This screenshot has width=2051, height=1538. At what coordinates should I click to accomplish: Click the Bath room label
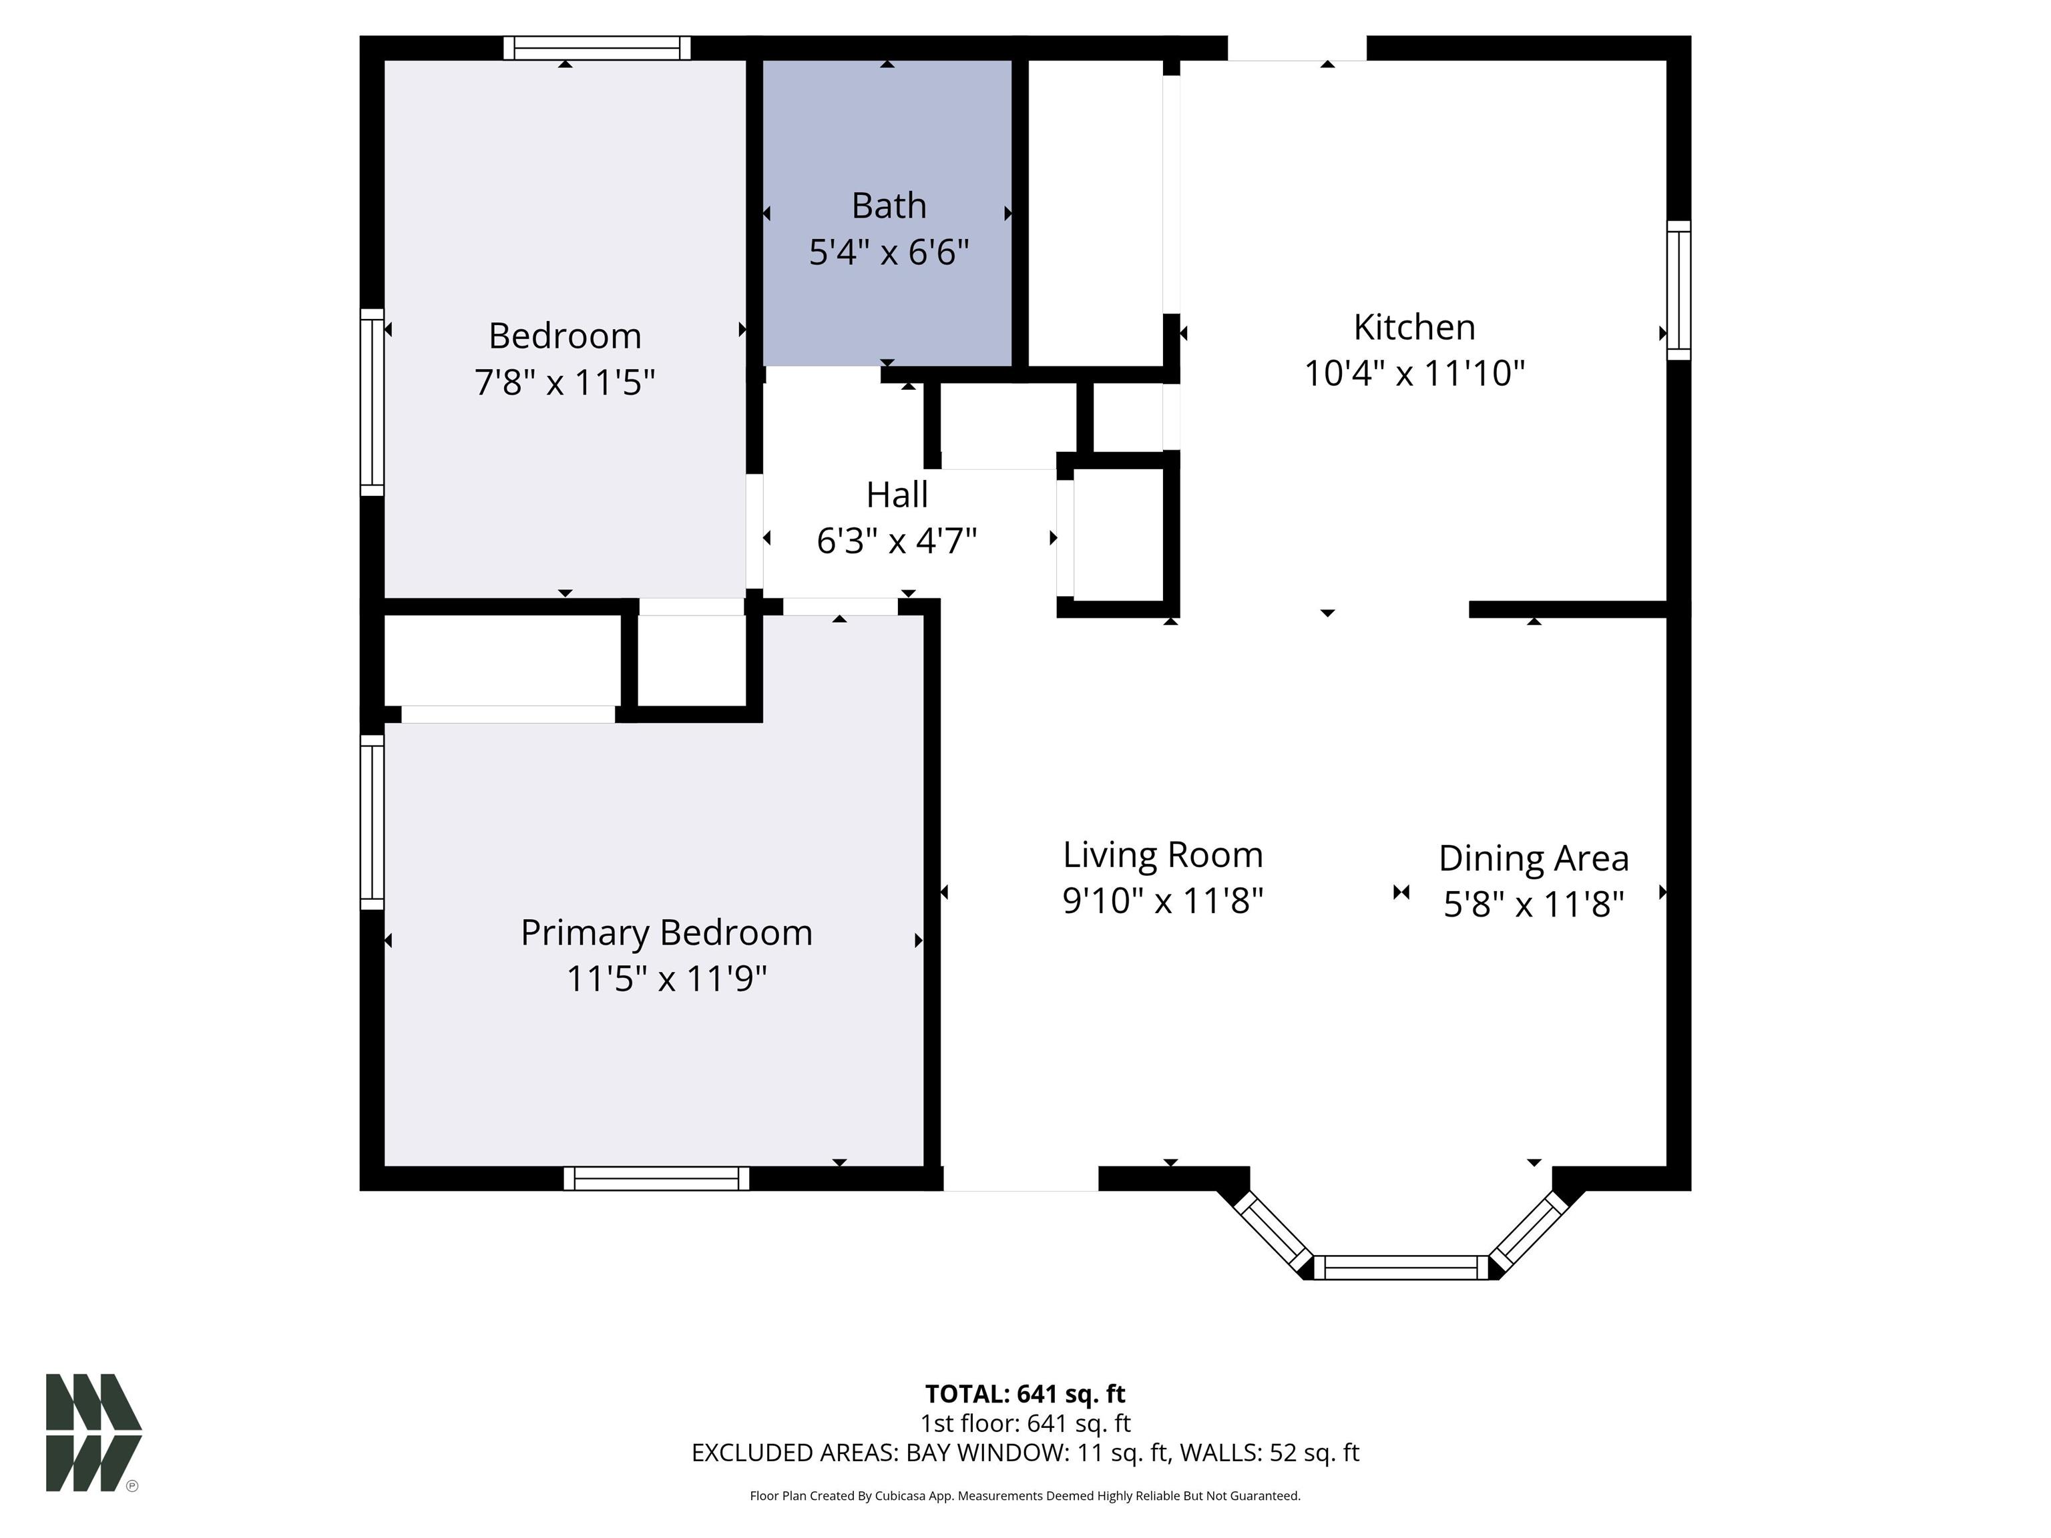(x=888, y=206)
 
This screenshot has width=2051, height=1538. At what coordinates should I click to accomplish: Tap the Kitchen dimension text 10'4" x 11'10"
(x=1414, y=374)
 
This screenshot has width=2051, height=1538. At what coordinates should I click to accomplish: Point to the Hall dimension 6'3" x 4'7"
(x=897, y=541)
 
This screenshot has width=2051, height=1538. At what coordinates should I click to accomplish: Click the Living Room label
(x=1163, y=854)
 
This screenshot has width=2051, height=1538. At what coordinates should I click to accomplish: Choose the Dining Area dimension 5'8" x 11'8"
(x=1534, y=904)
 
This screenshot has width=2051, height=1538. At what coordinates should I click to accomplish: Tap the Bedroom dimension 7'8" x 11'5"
(x=565, y=382)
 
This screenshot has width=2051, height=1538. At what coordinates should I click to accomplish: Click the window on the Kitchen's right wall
(x=1678, y=290)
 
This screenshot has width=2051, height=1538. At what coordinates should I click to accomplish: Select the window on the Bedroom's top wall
(x=597, y=47)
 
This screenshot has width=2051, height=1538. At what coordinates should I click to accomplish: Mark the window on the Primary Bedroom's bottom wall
(x=656, y=1178)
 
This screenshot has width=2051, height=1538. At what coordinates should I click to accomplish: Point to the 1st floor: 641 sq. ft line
(x=1025, y=1423)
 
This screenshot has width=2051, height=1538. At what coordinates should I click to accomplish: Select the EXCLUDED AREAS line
(x=1025, y=1453)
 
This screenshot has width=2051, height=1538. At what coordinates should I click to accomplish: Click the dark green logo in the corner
(x=93, y=1433)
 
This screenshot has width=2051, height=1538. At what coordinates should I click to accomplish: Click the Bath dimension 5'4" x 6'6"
(x=888, y=252)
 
